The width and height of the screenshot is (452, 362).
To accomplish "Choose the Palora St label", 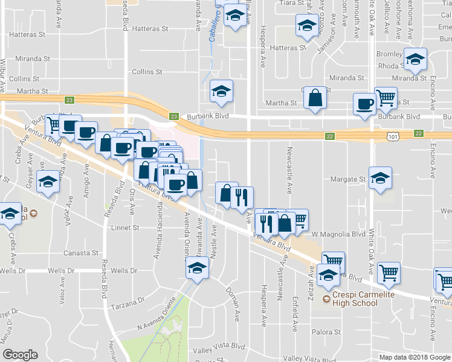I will (326, 332).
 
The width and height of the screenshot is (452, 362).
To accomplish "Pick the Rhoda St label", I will (390, 66).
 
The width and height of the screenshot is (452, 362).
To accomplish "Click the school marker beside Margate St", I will (381, 179).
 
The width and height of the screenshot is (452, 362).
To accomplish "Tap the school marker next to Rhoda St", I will (416, 60).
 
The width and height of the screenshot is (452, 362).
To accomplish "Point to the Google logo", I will (20, 355).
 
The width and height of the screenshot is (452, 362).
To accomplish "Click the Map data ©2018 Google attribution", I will (414, 357).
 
